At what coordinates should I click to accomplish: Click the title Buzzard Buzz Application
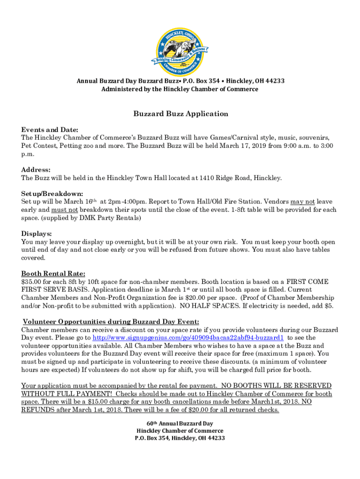(x=180, y=114)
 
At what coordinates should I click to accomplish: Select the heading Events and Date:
(x=50, y=130)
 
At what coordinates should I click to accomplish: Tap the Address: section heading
(x=36, y=170)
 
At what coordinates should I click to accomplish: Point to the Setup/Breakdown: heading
(x=52, y=194)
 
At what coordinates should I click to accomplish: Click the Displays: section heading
(x=36, y=234)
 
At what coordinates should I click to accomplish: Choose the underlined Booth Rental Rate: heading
(x=53, y=274)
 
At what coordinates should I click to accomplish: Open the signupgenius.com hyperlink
(x=188, y=338)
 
